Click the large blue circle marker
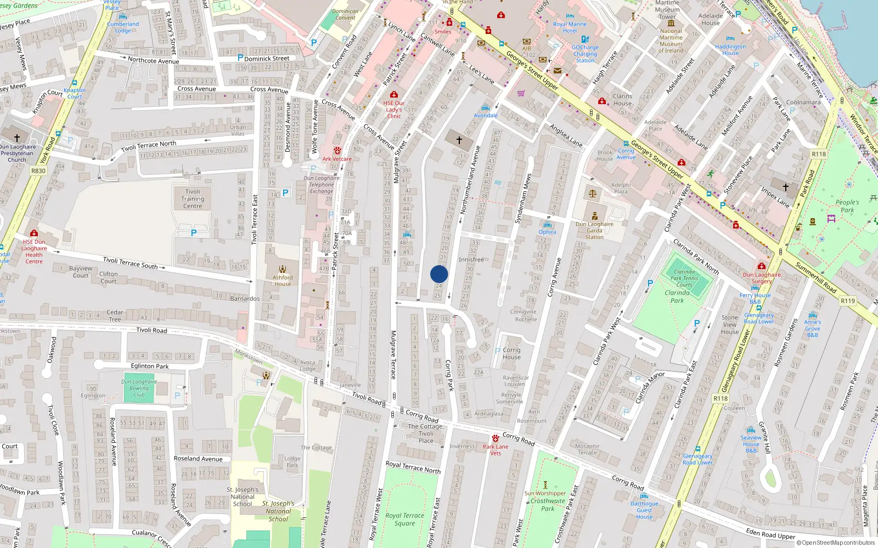pos(439,274)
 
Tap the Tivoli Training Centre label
pos(193,199)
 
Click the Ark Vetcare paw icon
pos(337,150)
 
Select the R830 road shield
pos(38,171)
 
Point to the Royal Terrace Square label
pos(404,520)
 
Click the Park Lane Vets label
pos(496,450)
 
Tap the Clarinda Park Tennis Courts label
pos(684,278)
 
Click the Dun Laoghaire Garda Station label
pos(594,230)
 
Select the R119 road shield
pos(848,300)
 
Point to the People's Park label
pos(847,206)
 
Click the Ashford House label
pos(283,281)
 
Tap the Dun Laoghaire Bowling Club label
pos(139,388)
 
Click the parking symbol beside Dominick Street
pos(240,58)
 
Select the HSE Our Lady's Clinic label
pos(393,110)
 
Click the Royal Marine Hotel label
pos(570,27)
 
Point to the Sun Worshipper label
pos(545,493)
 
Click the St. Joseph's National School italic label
pos(278,511)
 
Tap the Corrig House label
pos(511,353)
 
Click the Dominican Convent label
pos(345,14)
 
